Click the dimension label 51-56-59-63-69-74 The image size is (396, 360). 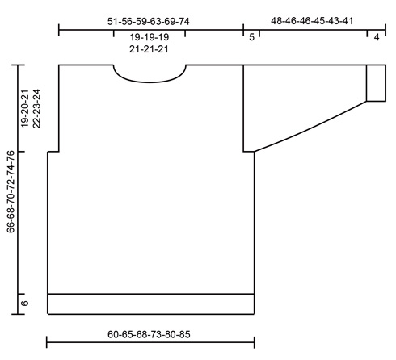click(149, 22)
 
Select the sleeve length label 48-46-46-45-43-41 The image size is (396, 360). click(312, 21)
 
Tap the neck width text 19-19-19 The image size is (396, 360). click(150, 37)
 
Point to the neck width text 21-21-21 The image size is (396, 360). click(149, 49)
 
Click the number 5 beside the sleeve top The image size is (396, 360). click(251, 37)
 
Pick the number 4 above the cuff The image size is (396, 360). click(377, 37)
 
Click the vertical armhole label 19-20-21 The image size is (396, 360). click(24, 109)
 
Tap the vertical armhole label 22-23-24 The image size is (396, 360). click(36, 109)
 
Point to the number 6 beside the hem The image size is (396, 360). click(24, 303)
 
